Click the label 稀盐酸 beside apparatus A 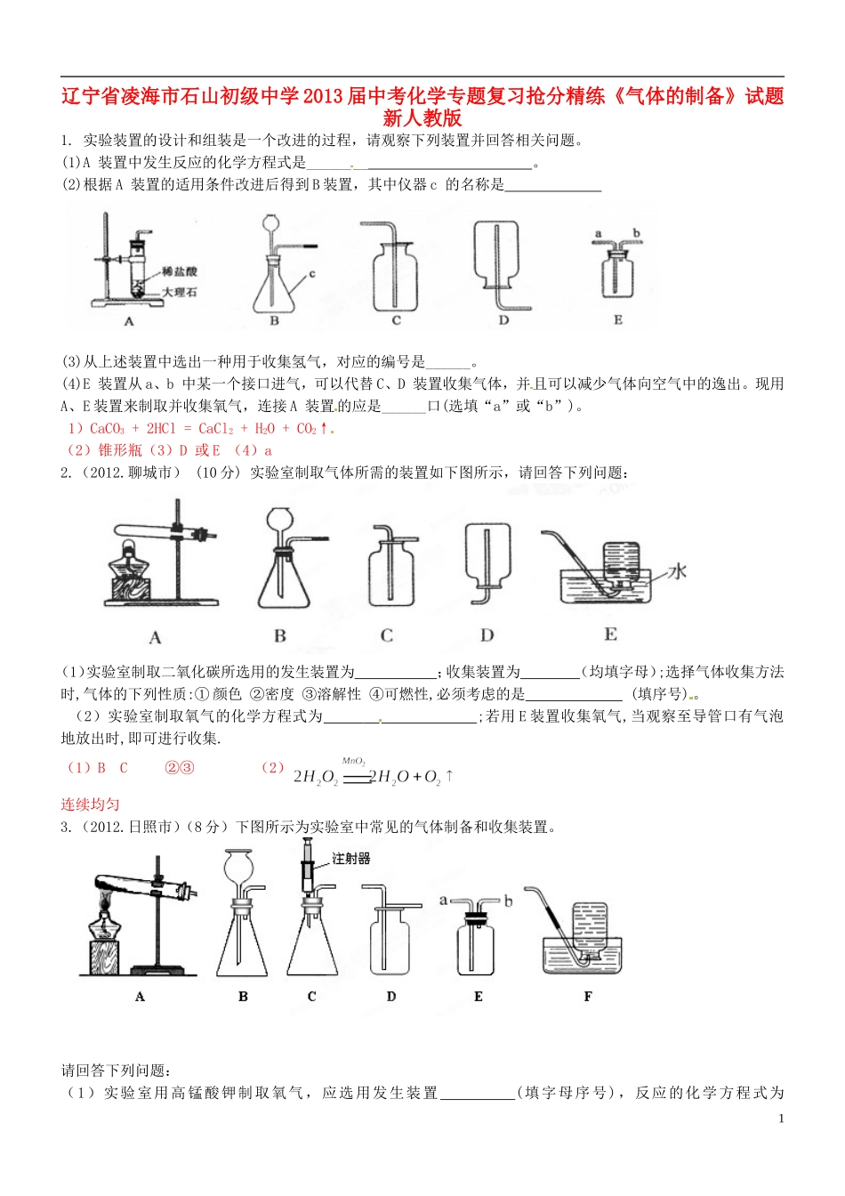(180, 271)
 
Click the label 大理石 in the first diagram (180, 292)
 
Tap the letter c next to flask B (312, 274)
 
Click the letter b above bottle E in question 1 (637, 233)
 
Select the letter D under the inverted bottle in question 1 (503, 319)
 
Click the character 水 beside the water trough (678, 571)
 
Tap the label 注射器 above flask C (351, 859)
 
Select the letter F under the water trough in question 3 (588, 997)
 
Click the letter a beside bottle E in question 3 (444, 900)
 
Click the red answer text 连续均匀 (90, 804)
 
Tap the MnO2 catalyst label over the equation (354, 762)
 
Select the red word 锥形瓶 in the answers (120, 450)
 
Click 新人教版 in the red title (422, 118)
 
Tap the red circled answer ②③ (180, 767)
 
